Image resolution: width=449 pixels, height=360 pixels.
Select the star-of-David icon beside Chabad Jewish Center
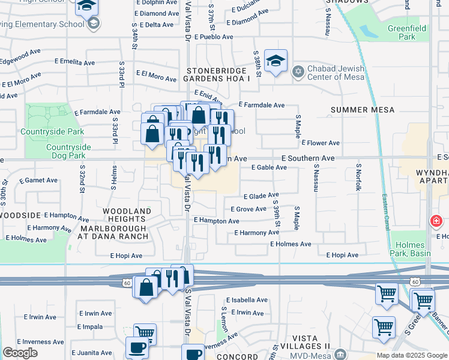(x=297, y=72)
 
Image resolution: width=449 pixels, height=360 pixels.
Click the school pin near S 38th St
(x=276, y=61)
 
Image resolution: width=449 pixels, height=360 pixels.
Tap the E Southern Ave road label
(x=308, y=158)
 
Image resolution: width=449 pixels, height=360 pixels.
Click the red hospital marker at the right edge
(x=435, y=222)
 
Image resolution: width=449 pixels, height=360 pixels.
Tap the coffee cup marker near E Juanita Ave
(x=137, y=347)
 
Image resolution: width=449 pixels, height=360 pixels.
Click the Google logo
(x=20, y=353)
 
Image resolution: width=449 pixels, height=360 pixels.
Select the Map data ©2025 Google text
(x=412, y=355)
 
